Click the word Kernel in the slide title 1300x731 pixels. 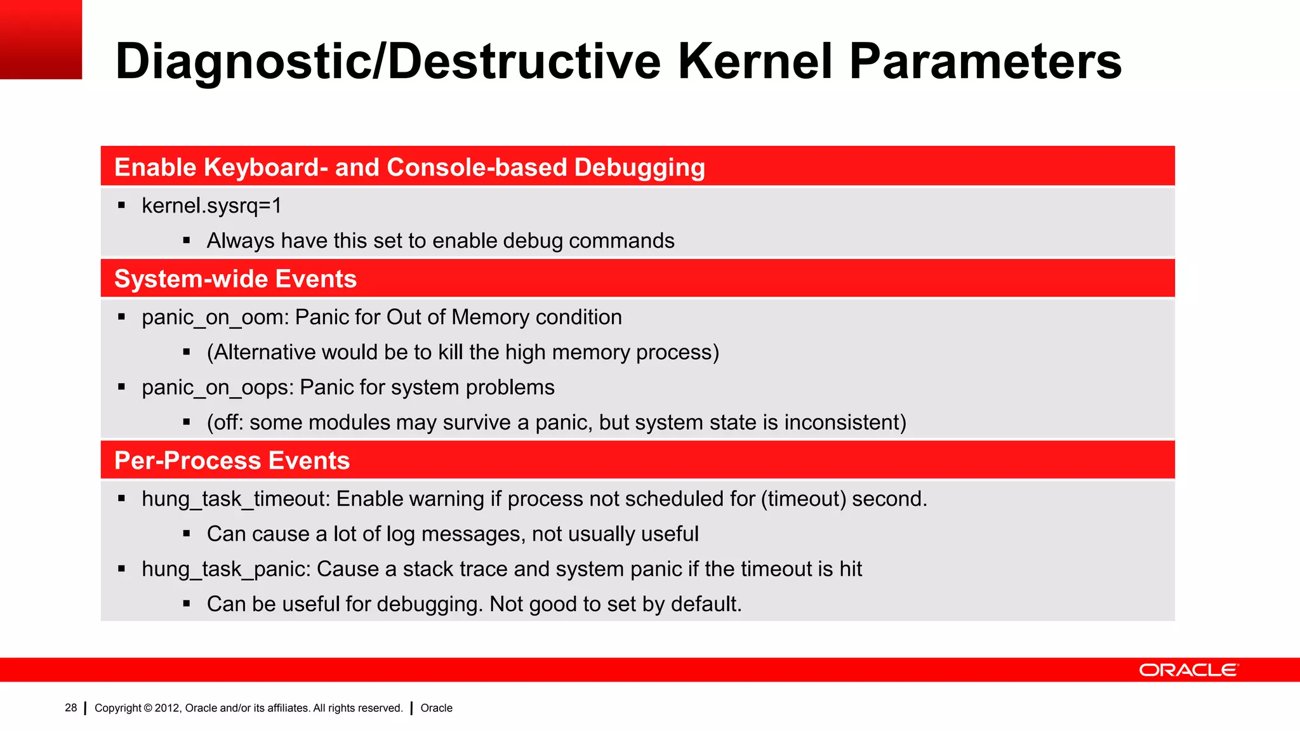pyautogui.click(x=755, y=62)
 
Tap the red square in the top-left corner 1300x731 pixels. pyautogui.click(x=41, y=39)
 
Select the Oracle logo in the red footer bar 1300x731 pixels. pyautogui.click(x=1188, y=670)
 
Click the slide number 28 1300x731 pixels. pyautogui.click(x=70, y=708)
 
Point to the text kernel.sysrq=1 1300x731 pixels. pyautogui.click(x=211, y=206)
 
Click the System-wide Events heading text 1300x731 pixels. pyautogui.click(x=235, y=279)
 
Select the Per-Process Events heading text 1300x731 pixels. pyautogui.click(x=232, y=461)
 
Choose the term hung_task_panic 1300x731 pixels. pyautogui.click(x=225, y=569)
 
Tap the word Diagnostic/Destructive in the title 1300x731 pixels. pyautogui.click(x=387, y=62)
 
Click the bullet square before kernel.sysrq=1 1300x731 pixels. pyautogui.click(x=121, y=206)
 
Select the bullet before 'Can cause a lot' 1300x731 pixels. pyautogui.click(x=187, y=534)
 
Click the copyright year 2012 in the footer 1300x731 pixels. pyautogui.click(x=168, y=708)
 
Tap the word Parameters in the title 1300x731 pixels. pyautogui.click(x=985, y=62)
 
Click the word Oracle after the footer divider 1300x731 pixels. pyautogui.click(x=436, y=708)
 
